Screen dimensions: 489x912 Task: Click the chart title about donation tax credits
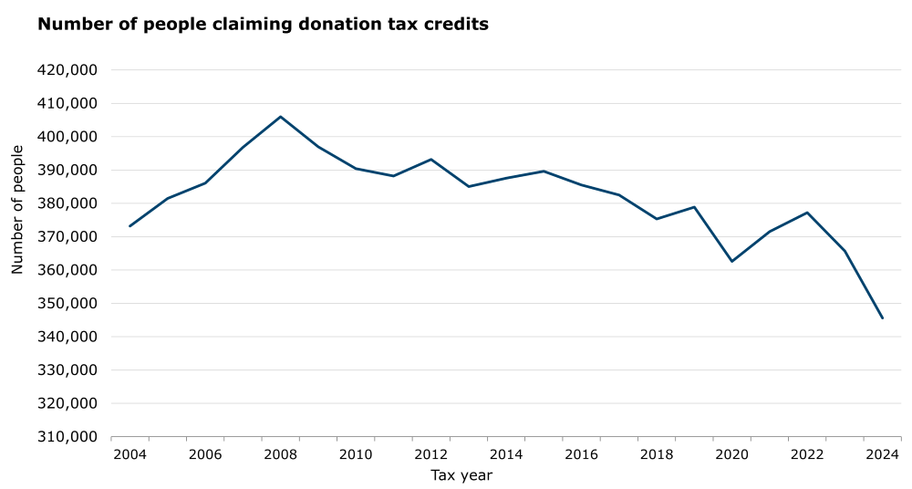(263, 25)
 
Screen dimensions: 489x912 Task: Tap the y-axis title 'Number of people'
(17, 209)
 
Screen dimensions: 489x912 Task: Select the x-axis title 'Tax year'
(461, 474)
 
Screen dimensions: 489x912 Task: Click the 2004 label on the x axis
(130, 453)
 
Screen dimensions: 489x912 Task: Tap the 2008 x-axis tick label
(280, 453)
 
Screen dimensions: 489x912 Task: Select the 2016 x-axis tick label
(581, 453)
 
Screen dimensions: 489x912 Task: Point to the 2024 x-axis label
(882, 453)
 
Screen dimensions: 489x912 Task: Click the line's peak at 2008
(280, 117)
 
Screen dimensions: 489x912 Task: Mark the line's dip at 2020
(731, 261)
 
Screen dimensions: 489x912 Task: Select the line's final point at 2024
(882, 317)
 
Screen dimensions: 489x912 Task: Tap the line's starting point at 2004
(130, 225)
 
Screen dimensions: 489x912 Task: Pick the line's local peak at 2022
(807, 213)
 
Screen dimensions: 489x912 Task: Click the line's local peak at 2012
(430, 160)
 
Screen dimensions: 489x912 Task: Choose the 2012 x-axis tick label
(430, 453)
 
